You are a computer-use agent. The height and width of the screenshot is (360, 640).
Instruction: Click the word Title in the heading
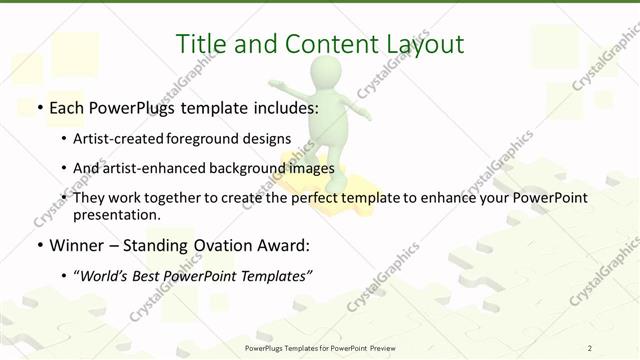coord(200,44)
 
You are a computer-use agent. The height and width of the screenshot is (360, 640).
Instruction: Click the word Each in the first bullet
coord(67,105)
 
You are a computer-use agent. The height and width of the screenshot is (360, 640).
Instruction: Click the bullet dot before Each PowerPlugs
coord(38,105)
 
